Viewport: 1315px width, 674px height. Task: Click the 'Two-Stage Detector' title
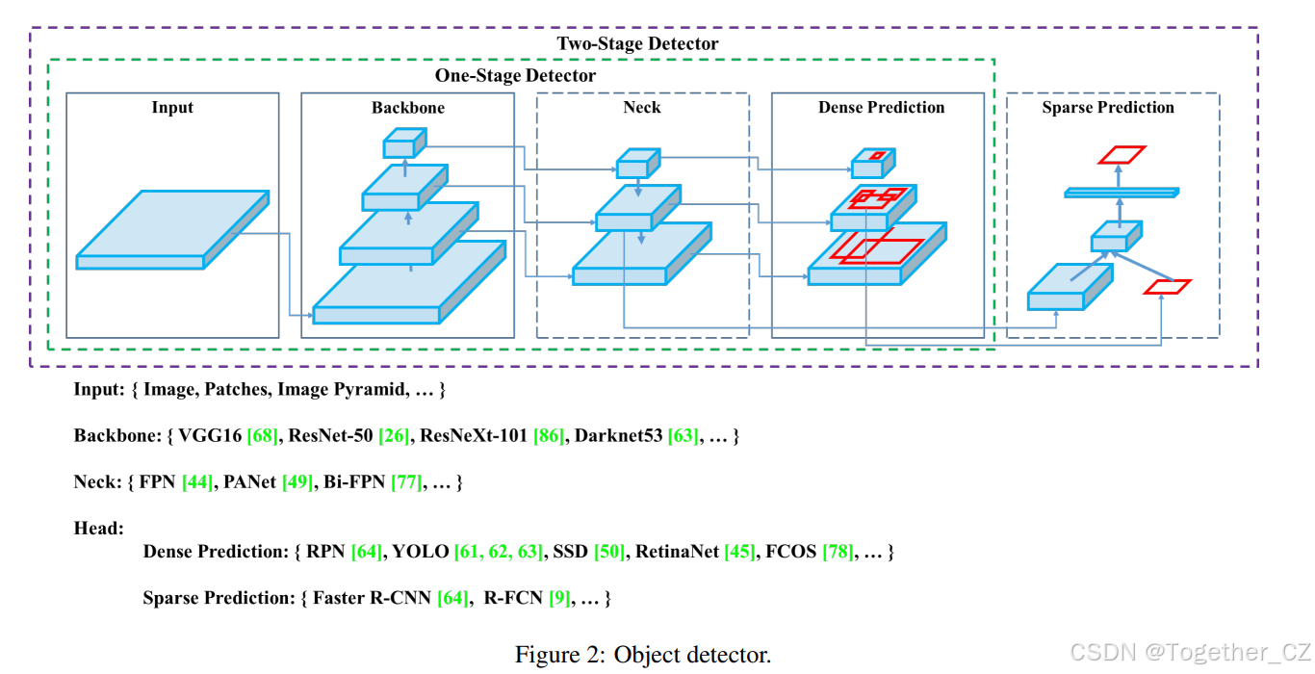[637, 43]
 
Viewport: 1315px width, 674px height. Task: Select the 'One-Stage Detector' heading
[515, 75]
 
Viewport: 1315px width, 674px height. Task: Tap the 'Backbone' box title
[407, 108]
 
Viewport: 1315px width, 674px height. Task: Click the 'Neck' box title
[641, 108]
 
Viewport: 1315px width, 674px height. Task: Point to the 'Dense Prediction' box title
[881, 108]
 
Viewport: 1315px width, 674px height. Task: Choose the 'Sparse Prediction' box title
[1107, 108]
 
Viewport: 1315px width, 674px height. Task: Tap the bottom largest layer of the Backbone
[404, 289]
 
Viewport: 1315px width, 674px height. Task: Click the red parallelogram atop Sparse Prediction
[1122, 155]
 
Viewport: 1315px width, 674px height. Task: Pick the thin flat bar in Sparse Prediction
[1122, 193]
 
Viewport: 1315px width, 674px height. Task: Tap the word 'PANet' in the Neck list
[250, 482]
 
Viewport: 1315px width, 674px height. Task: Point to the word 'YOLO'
[421, 552]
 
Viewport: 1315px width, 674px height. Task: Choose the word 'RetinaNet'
[671, 552]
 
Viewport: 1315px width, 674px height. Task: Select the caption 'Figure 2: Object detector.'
[642, 656]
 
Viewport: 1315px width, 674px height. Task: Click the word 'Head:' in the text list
[99, 529]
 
